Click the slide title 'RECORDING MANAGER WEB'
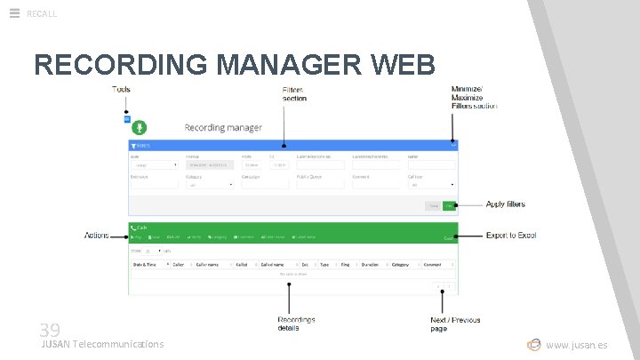point(235,65)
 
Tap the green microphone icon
point(140,128)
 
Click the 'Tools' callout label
point(122,90)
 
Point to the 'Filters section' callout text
point(294,94)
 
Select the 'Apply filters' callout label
point(505,204)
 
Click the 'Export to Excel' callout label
point(511,236)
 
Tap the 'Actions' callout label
point(96,236)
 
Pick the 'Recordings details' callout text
point(296,324)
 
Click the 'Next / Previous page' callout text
point(455,324)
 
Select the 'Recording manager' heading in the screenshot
point(223,128)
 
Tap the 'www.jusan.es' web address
point(577,345)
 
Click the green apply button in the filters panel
point(450,205)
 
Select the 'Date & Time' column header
point(146,264)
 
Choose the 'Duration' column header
point(370,264)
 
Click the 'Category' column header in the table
point(400,264)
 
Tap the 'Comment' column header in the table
point(432,264)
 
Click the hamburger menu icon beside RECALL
point(14,12)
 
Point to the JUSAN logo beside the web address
point(533,344)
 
